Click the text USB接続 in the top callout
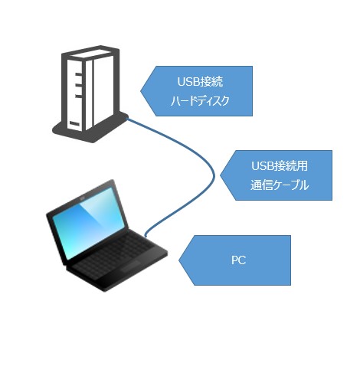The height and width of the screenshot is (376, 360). coord(200,81)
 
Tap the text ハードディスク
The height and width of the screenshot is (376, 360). coord(200,101)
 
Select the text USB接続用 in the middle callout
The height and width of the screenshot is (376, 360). coord(280,165)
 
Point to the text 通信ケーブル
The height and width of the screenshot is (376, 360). coord(280,185)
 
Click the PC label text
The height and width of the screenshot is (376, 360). coord(238,260)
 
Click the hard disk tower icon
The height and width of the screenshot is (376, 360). coord(90,94)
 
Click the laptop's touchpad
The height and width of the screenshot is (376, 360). coord(131,266)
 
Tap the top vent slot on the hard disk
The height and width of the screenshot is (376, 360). coord(79,74)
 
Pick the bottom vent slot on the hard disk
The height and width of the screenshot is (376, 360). coord(79,96)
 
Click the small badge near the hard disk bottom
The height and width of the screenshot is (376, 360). coord(74,124)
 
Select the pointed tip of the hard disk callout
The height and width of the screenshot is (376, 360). coord(140,90)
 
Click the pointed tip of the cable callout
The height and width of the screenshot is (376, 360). coord(220,175)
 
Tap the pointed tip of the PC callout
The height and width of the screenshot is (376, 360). coord(178,260)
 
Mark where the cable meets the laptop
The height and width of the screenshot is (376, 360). coord(146,237)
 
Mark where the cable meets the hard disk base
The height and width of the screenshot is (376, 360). coord(127,119)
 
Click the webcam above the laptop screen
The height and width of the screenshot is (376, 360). coord(83,198)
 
